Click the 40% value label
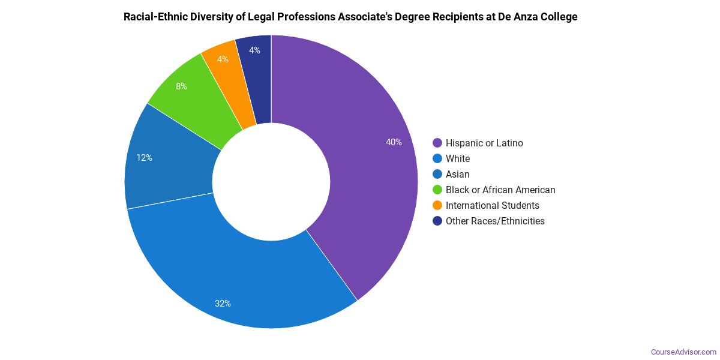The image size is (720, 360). coord(394,142)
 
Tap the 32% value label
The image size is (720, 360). coord(223,304)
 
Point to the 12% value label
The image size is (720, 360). coord(144,158)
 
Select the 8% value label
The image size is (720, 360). coord(181,86)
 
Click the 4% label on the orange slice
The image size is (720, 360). coord(223,59)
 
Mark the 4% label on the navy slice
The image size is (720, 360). coord(254,50)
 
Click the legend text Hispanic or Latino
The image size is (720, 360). coord(484,143)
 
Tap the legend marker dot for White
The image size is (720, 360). coord(437,158)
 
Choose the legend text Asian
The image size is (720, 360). coord(457,174)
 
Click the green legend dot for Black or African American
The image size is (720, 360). coord(437,190)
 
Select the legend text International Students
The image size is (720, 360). coord(492,205)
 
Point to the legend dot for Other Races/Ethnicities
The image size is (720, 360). coord(437,221)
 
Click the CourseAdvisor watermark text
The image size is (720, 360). coord(683,352)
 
